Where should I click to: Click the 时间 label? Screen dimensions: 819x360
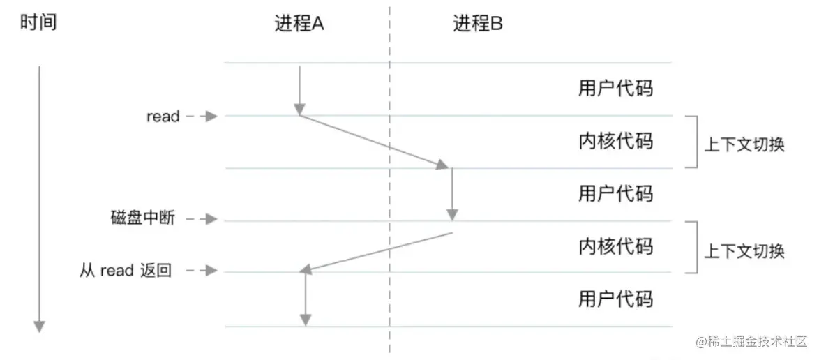(x=38, y=22)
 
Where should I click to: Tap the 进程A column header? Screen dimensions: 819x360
(x=299, y=24)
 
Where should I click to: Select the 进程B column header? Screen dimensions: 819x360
(x=477, y=24)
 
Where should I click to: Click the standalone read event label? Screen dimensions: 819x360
(x=163, y=117)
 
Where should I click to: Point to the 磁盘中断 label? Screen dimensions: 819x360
(x=140, y=218)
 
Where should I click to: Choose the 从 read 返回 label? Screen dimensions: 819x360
(x=126, y=271)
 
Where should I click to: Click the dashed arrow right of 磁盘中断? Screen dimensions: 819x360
(x=201, y=219)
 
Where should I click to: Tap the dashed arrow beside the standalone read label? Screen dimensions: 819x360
(x=201, y=117)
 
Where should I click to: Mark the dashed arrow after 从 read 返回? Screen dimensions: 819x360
(x=201, y=271)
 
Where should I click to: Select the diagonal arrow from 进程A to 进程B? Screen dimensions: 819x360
(x=373, y=142)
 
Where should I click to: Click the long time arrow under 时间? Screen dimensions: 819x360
(x=39, y=199)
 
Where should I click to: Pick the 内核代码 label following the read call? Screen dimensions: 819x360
(x=615, y=141)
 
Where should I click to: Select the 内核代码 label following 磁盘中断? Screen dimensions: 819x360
(x=615, y=246)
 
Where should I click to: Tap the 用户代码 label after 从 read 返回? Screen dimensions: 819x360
(x=615, y=299)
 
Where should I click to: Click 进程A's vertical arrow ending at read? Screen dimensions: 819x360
(x=299, y=91)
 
